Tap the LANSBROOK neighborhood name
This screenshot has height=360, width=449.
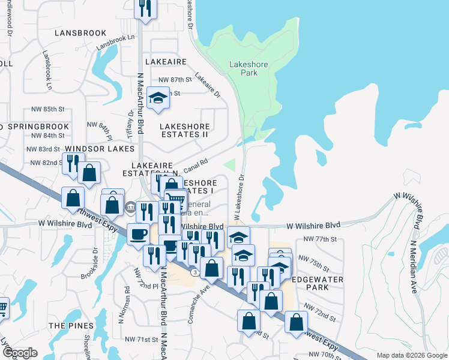click(x=80, y=33)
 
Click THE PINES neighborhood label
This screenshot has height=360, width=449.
click(x=71, y=325)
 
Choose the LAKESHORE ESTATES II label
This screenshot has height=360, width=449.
click(x=184, y=130)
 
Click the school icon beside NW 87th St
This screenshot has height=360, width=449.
click(x=157, y=98)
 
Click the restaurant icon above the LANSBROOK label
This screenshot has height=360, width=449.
click(x=145, y=8)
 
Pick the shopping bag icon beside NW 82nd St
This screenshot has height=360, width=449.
click(x=89, y=173)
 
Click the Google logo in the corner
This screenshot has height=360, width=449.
click(x=19, y=353)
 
